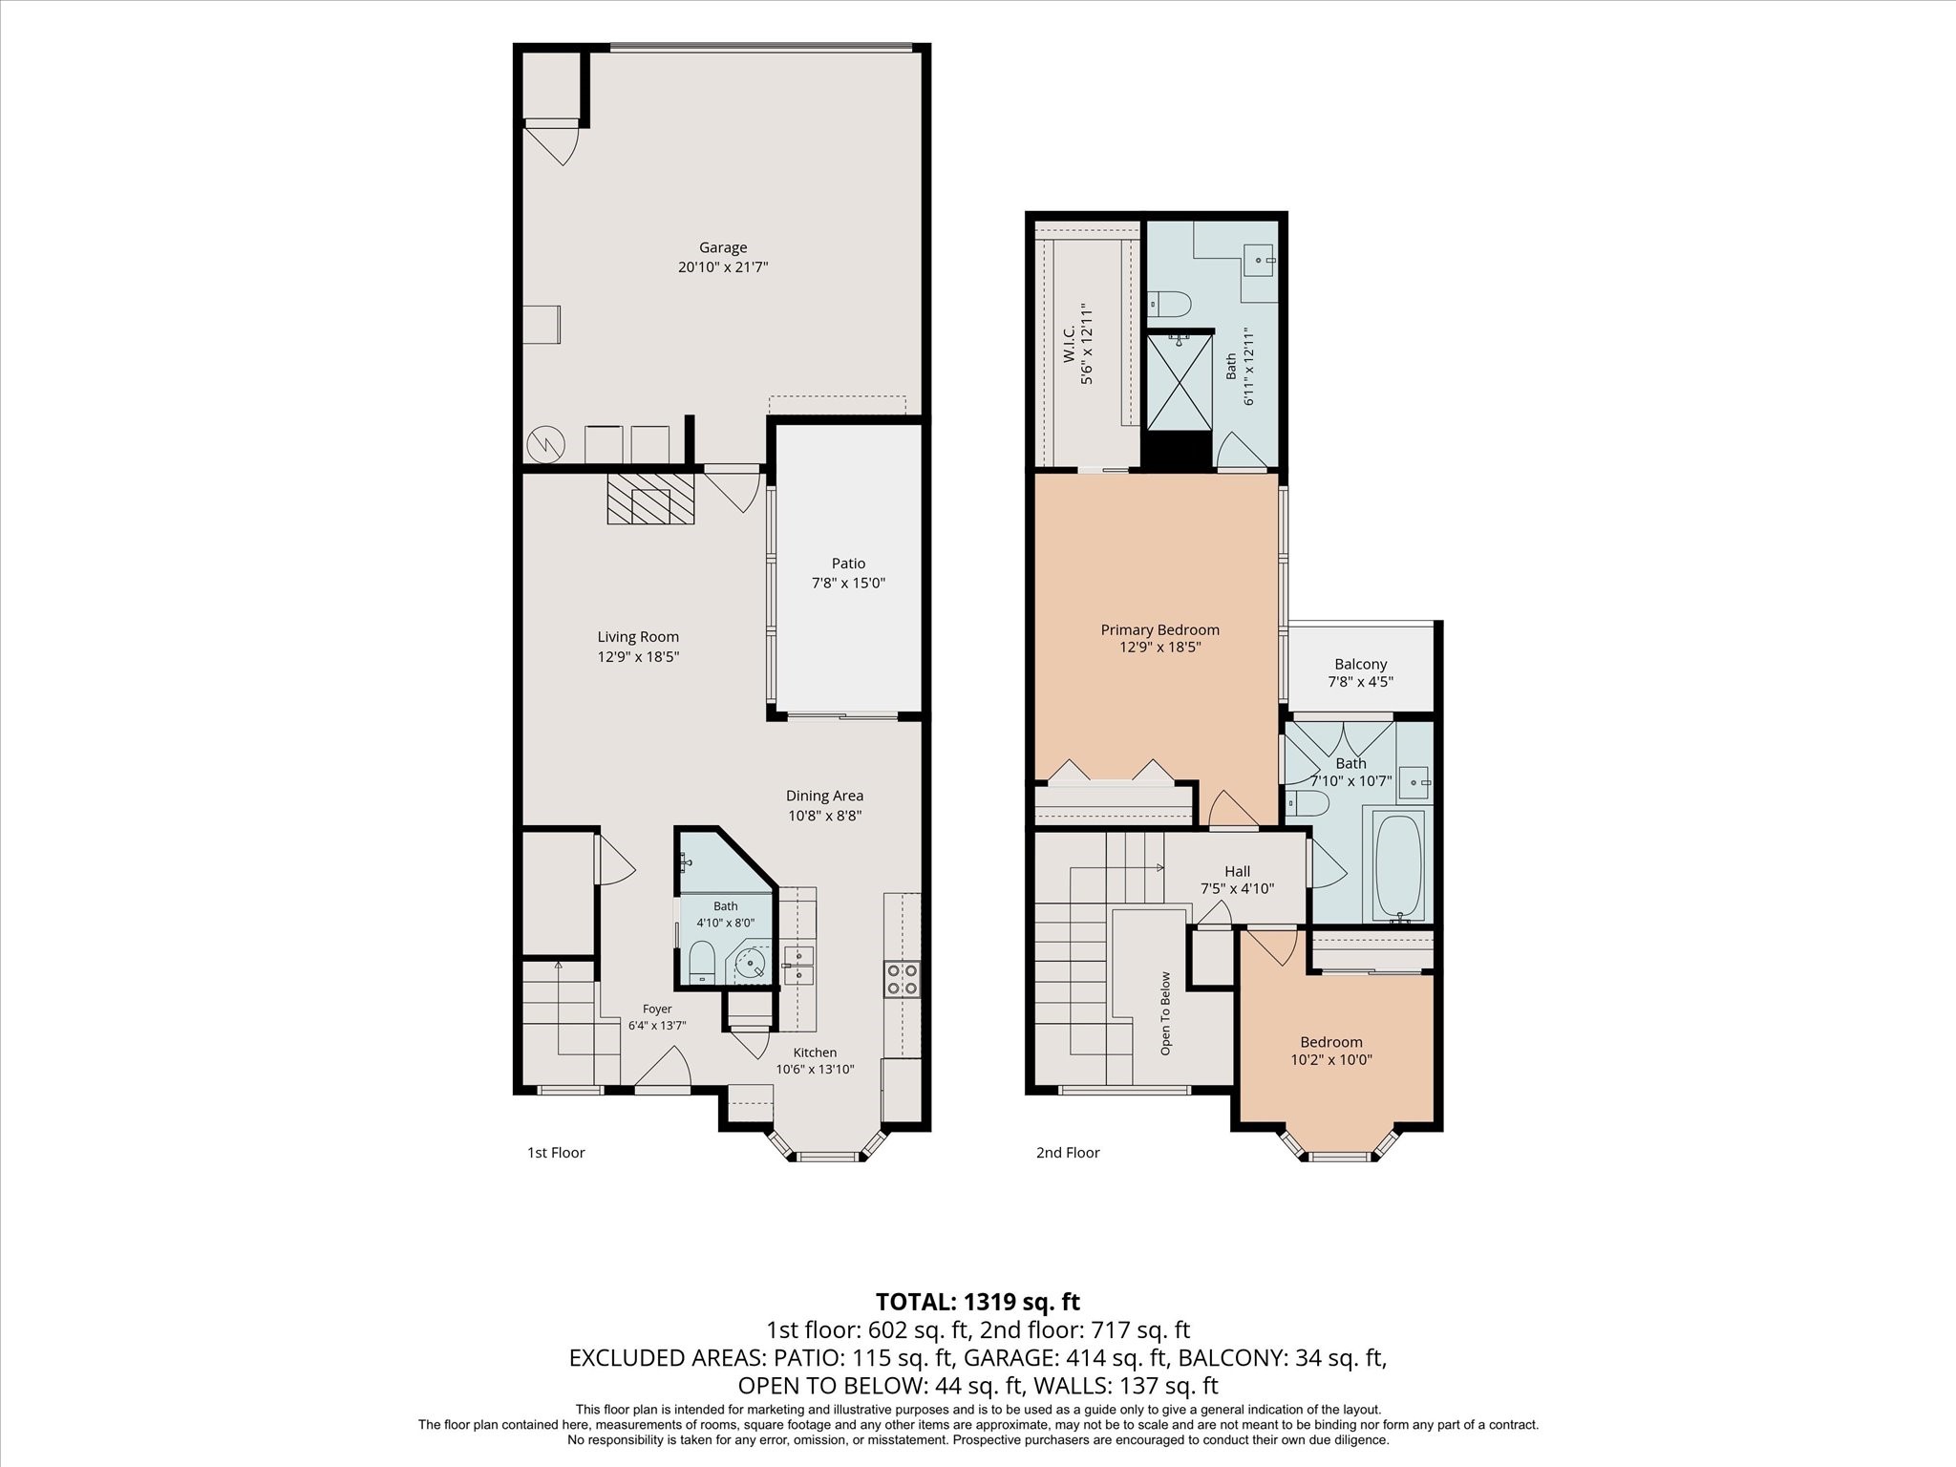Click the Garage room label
click(x=723, y=248)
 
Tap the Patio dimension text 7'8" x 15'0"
click(x=848, y=583)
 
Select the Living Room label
click(x=638, y=637)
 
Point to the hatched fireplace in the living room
click(x=651, y=498)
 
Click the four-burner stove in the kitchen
click(x=903, y=979)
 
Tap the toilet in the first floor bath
click(x=702, y=962)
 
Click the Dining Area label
click(x=824, y=796)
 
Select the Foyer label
click(x=657, y=1009)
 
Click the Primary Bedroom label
click(x=1159, y=629)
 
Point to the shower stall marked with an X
click(x=1180, y=380)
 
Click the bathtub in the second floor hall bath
click(x=1398, y=866)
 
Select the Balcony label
click(x=1360, y=664)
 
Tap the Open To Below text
click(x=1165, y=1013)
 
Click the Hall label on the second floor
click(x=1237, y=871)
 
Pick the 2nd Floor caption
click(x=1068, y=1153)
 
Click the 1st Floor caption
click(x=556, y=1153)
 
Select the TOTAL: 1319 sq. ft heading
click(x=978, y=1302)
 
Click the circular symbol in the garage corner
click(x=545, y=444)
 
